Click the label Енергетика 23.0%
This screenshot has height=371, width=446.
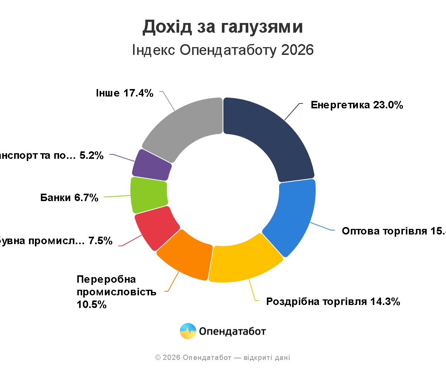coord(357,105)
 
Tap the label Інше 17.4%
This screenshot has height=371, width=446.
coord(125,93)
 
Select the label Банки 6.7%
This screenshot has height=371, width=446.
coord(69,198)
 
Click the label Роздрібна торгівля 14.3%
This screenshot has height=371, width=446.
coord(333,302)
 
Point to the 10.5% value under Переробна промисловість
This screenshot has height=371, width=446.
coord(92,305)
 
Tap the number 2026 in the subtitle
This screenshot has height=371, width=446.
coord(297,50)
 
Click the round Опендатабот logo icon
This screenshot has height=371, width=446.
coord(188,331)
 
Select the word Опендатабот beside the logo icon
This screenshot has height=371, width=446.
coord(233,331)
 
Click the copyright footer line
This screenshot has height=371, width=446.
coord(223,358)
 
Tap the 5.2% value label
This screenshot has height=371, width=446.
coord(91,156)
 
